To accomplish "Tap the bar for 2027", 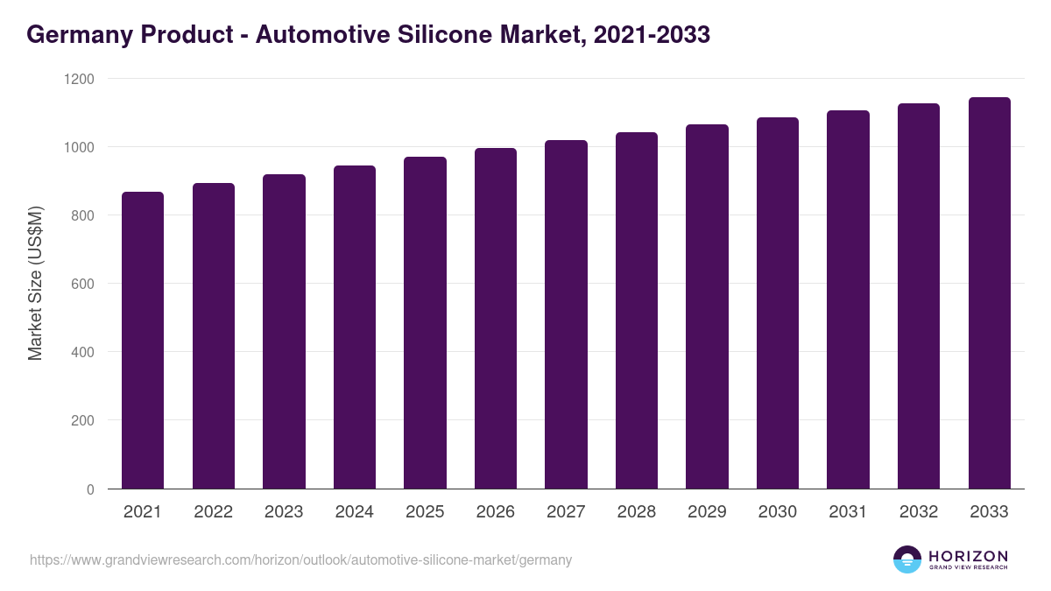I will click(x=566, y=314).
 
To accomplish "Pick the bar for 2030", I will click(x=778, y=303).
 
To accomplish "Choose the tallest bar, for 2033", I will click(x=989, y=292).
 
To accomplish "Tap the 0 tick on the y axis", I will click(x=90, y=489).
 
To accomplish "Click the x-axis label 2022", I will click(x=214, y=512).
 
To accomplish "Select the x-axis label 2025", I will click(x=425, y=512).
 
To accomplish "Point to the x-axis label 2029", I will click(x=707, y=512).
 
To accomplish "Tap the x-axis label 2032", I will click(x=919, y=512).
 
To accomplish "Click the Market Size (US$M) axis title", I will click(x=35, y=284).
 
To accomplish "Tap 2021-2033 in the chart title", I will click(x=651, y=35).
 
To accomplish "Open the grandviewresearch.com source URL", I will click(x=300, y=559).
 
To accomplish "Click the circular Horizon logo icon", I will click(x=907, y=559).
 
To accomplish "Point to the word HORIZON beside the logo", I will click(x=968, y=556).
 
